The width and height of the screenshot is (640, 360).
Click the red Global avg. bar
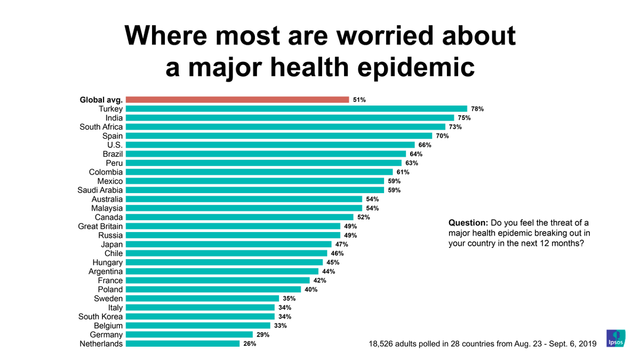237,100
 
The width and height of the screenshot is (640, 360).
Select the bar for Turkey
296,109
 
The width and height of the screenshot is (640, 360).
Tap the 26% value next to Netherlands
250,344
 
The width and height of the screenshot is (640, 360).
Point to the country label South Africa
101,127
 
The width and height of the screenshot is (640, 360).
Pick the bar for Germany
189,335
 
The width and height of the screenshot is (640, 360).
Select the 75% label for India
462,118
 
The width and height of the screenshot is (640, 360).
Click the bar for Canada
239,217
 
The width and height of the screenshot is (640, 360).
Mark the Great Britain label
100,226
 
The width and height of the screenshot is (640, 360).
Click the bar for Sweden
203,299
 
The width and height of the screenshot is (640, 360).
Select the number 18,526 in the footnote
383,344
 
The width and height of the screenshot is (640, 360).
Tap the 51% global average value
359,100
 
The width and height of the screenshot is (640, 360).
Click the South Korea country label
100,317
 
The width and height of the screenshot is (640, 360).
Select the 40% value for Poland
311,290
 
